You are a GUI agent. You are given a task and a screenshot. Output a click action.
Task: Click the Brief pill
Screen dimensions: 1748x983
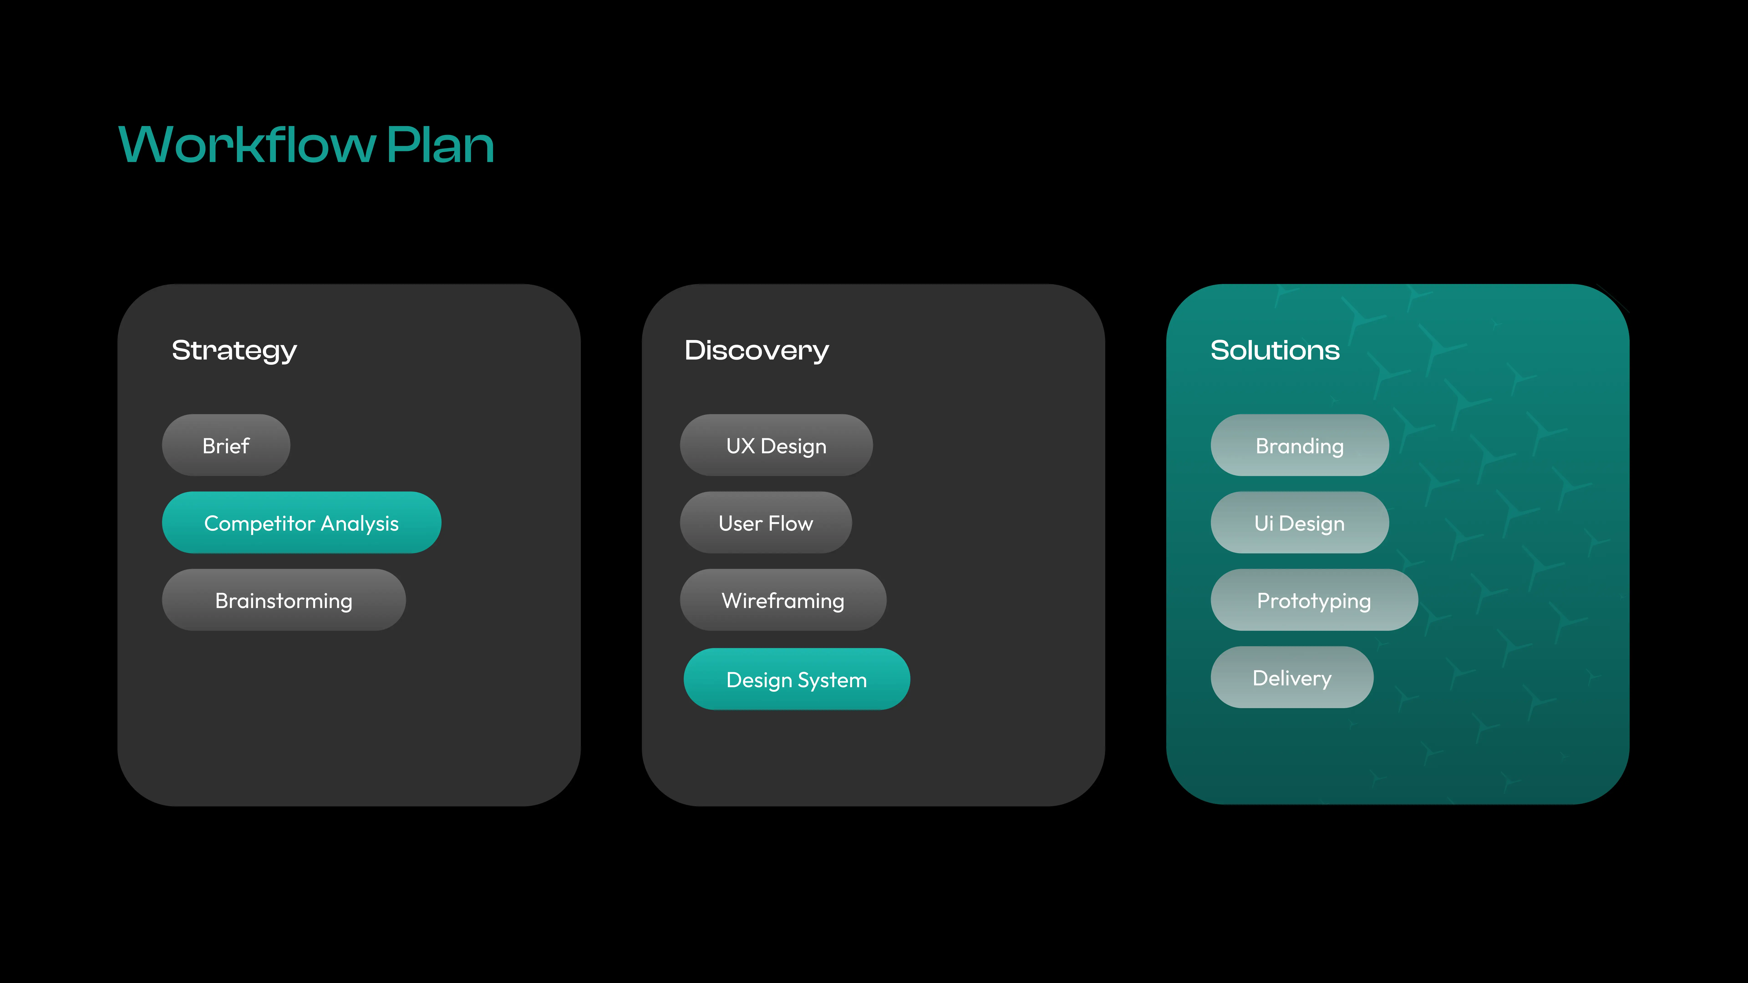click(226, 445)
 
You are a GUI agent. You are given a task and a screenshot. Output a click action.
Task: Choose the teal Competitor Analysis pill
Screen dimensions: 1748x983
click(301, 522)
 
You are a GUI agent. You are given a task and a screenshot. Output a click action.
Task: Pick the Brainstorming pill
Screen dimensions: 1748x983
click(284, 600)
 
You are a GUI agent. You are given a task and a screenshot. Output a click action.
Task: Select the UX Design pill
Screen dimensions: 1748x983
click(776, 445)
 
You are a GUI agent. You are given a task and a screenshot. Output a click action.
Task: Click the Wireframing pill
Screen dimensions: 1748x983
click(783, 600)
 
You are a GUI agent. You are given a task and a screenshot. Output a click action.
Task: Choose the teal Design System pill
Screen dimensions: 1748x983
click(797, 679)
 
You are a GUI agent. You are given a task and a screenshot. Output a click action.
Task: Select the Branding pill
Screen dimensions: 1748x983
click(1299, 445)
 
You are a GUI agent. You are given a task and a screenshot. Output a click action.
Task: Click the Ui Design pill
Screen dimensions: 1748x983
click(1299, 522)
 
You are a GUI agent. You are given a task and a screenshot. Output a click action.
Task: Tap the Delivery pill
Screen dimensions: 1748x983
click(1292, 677)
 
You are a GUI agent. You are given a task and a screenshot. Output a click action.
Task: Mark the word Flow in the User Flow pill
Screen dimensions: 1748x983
click(790, 523)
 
